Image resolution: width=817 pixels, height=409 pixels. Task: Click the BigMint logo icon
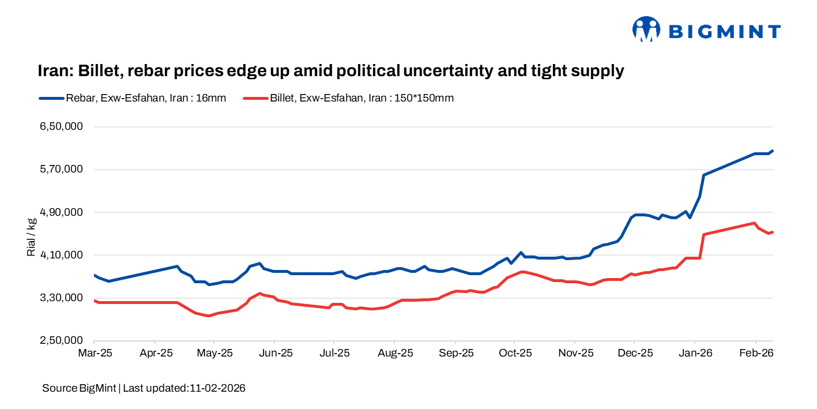[x=646, y=29]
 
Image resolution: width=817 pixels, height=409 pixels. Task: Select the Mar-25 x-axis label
[x=94, y=352]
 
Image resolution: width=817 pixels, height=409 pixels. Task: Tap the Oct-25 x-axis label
[x=515, y=352]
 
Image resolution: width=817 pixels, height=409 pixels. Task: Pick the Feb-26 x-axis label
[x=756, y=352]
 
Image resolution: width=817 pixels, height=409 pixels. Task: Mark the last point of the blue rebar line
[x=772, y=151]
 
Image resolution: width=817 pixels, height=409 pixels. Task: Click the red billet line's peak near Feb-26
[x=754, y=223]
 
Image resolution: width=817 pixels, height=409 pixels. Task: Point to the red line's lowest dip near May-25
[x=209, y=316]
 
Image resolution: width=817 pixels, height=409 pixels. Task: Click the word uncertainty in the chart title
[x=464, y=71]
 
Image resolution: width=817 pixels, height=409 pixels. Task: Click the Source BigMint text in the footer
[x=79, y=388]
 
